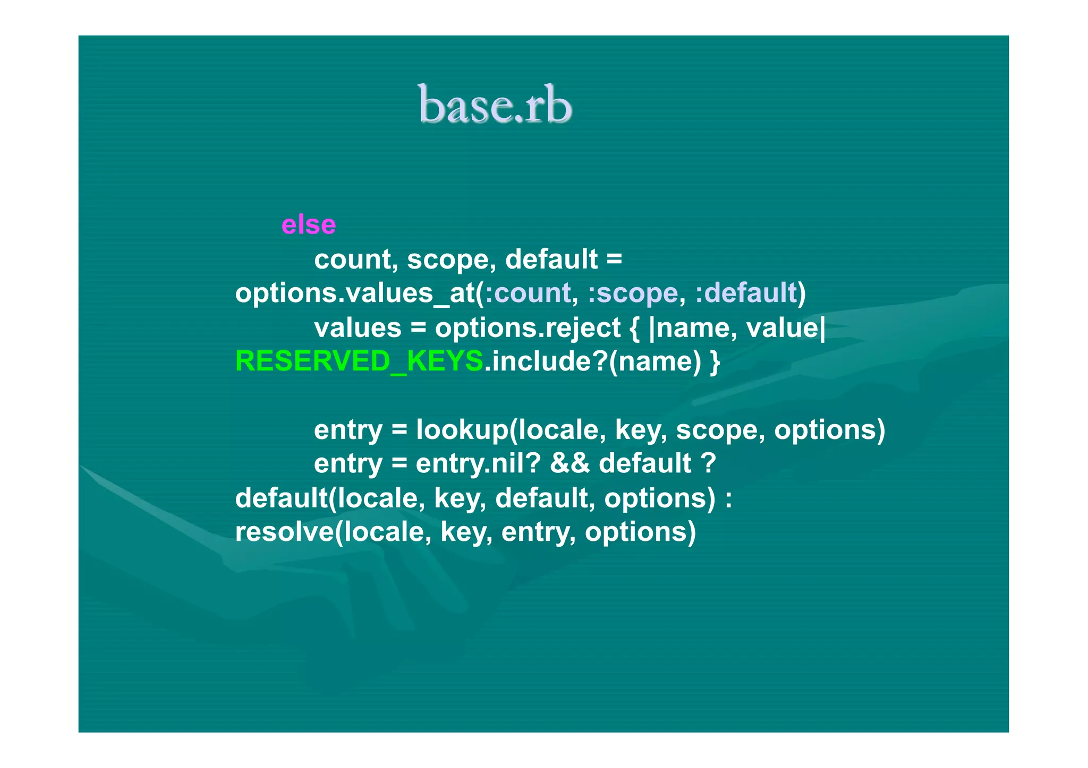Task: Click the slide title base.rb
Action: (x=495, y=105)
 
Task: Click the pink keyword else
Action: (x=309, y=225)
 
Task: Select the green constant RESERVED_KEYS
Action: (x=359, y=361)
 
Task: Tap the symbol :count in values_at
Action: (x=528, y=293)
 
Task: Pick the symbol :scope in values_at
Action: (x=633, y=293)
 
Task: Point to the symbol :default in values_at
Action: (x=746, y=293)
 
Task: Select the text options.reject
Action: (x=528, y=327)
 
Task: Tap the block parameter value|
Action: (x=786, y=327)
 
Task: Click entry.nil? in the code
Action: (x=478, y=463)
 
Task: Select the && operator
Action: (x=569, y=463)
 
